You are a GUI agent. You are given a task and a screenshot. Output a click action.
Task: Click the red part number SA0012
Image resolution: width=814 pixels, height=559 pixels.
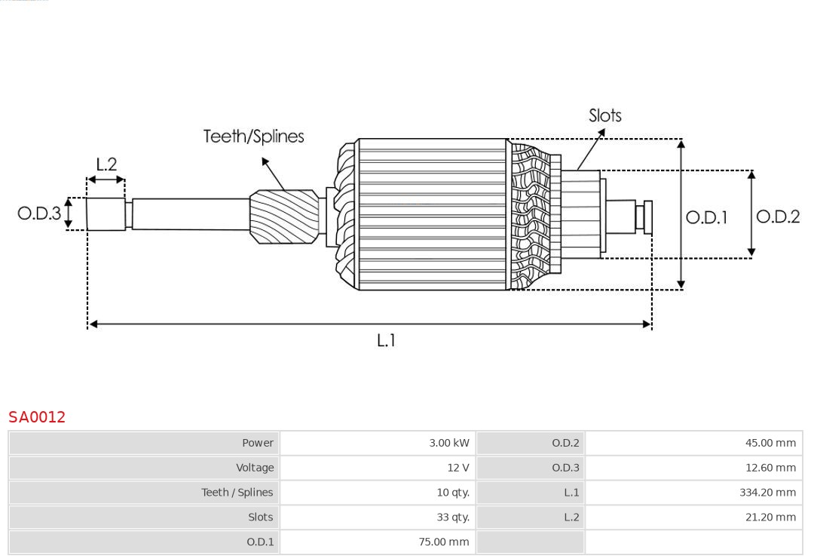coord(37,417)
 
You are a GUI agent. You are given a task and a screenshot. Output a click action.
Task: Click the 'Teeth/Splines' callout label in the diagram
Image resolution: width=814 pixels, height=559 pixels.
coord(253,137)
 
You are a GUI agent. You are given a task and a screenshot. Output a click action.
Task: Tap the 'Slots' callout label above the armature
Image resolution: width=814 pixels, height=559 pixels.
coord(604,115)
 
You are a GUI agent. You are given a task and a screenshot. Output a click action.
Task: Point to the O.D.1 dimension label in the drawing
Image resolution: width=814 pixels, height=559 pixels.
coord(706,218)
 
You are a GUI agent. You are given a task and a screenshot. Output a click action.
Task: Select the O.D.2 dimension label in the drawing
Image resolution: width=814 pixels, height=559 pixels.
coord(777,217)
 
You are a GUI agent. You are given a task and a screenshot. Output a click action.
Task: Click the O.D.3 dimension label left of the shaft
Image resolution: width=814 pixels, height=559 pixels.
coord(39,213)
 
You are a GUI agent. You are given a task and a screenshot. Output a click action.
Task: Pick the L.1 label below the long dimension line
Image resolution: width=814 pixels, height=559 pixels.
coord(386,341)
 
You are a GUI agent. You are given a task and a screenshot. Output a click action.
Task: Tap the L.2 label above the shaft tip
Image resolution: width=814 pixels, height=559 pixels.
coord(106,164)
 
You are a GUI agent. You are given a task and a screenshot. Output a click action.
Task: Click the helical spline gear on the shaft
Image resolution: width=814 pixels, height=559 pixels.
coord(285,217)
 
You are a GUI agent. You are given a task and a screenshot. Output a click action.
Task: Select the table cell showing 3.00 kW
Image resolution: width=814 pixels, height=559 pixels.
coord(448,443)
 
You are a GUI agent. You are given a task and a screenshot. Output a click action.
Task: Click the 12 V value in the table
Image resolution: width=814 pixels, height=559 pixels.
coord(457,468)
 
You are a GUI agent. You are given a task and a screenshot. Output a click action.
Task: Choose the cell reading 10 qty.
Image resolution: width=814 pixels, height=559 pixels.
coord(452,493)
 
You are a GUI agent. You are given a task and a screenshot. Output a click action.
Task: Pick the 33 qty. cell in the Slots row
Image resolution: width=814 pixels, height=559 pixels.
coord(452,518)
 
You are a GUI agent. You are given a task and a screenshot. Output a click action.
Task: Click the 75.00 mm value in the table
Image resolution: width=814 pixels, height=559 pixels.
coord(443,542)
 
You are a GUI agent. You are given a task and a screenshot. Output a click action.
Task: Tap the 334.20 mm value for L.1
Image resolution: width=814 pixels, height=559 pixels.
coord(767,493)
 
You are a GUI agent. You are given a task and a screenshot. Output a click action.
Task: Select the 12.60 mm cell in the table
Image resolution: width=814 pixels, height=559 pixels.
coord(770,468)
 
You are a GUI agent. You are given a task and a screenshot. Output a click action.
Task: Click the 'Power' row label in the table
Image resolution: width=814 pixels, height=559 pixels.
coord(258,443)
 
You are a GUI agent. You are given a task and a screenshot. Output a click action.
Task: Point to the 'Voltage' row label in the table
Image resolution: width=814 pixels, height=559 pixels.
coord(255,468)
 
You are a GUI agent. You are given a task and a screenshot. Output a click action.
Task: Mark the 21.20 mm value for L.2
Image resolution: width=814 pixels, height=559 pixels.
coord(770,518)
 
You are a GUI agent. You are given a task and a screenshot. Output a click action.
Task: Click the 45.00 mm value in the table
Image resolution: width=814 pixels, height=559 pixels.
coord(770,443)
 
